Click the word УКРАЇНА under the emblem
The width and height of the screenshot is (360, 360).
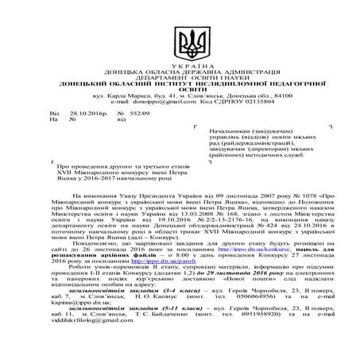[x=180, y=68]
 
